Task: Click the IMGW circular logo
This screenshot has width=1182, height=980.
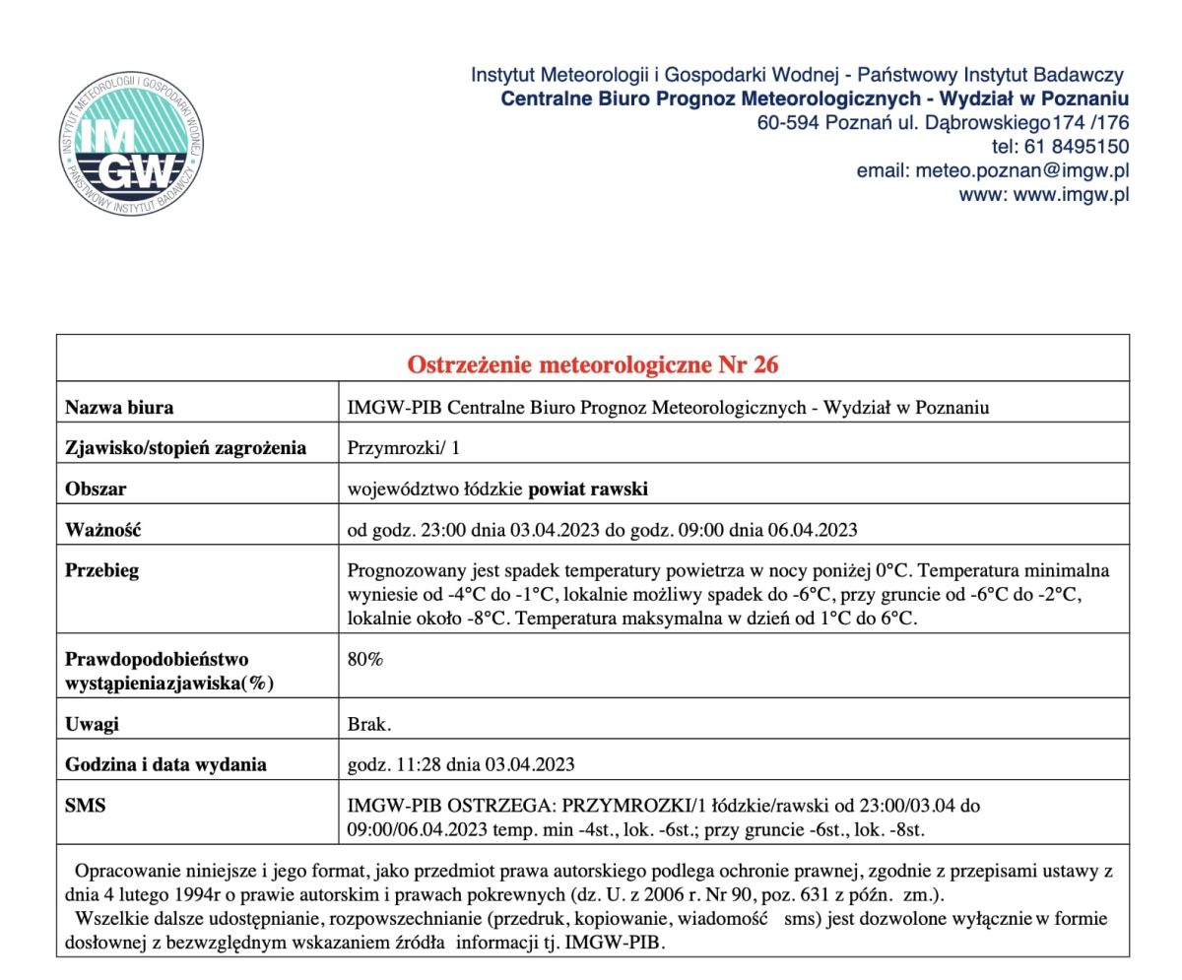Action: click(x=130, y=145)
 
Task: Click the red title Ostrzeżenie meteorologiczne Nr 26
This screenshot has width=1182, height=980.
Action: click(x=592, y=364)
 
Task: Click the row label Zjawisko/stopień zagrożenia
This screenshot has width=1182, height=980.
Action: click(x=185, y=448)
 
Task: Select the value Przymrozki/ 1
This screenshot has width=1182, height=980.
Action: click(x=404, y=448)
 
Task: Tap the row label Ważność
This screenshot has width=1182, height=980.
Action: click(x=102, y=530)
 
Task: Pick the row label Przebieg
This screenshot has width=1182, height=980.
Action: click(x=101, y=570)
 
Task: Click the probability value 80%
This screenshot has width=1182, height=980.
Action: click(x=365, y=659)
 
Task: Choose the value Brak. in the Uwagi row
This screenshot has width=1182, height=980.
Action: click(x=369, y=724)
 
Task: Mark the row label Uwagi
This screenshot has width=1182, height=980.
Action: click(x=92, y=724)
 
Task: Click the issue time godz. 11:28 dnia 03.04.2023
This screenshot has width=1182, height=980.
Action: click(x=461, y=764)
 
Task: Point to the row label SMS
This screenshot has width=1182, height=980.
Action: click(x=85, y=806)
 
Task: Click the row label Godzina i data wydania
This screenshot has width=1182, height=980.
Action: click(x=165, y=764)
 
